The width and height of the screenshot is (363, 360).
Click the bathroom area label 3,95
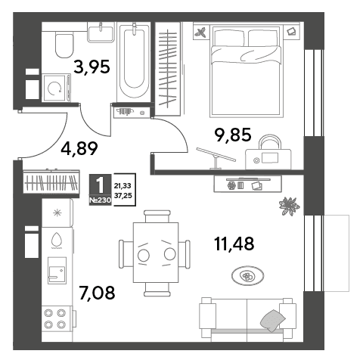[x=92, y=67]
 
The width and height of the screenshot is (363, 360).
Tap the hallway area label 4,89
[x=79, y=148]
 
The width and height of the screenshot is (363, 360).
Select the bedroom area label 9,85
[x=233, y=135]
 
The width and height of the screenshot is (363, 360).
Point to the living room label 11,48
[x=234, y=244]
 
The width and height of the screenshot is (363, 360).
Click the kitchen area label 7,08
[x=97, y=293]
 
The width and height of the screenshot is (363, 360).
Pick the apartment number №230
[x=100, y=200]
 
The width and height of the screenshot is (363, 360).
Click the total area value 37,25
[x=123, y=195]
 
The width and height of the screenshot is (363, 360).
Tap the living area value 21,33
[x=123, y=186]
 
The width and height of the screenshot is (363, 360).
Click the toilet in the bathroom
[x=64, y=45]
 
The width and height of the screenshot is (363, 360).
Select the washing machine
[x=56, y=88]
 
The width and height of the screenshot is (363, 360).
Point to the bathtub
[x=134, y=62]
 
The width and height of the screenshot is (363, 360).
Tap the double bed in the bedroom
[x=246, y=71]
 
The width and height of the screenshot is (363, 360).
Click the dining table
[x=156, y=253]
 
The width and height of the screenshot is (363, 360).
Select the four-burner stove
[x=55, y=319]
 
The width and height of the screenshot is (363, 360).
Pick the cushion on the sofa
[x=272, y=320]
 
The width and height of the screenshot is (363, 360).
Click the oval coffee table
[x=247, y=276]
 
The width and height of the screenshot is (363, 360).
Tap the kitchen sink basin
[x=57, y=271]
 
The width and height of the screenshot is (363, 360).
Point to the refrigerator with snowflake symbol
[x=57, y=213]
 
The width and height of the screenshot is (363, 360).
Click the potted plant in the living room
[x=289, y=206]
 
